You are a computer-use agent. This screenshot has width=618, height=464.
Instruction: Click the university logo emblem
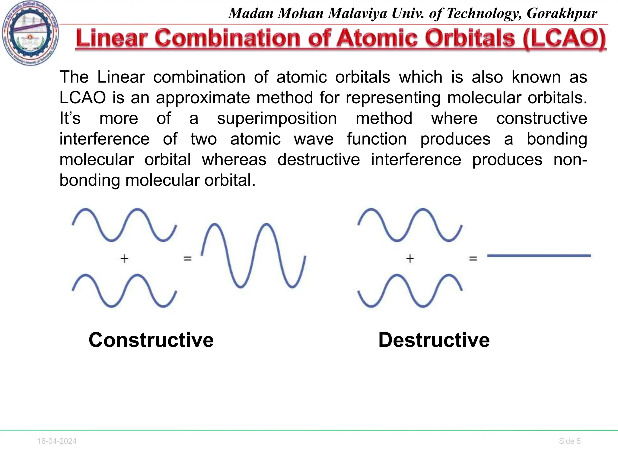point(30,33)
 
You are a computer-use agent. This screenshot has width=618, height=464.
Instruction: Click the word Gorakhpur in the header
point(562,14)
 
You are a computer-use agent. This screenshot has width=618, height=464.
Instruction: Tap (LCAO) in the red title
point(564,39)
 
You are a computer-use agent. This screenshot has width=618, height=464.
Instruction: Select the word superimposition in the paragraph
point(277,118)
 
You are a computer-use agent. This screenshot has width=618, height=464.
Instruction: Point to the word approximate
point(203,98)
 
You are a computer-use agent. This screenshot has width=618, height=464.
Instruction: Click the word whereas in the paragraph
point(234,159)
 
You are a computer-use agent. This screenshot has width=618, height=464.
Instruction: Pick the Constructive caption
point(151,340)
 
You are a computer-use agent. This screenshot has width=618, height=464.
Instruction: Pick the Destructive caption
point(434,340)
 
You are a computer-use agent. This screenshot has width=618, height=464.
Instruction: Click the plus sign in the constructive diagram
point(124,259)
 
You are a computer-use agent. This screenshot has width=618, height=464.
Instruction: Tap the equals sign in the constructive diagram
point(187,259)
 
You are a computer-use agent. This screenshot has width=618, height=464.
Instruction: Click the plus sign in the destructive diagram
point(410,259)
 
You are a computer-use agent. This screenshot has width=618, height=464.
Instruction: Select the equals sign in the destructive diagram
point(473,259)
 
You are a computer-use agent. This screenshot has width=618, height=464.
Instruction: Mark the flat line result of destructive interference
point(539,256)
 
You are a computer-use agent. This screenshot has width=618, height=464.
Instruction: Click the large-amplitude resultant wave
point(253,256)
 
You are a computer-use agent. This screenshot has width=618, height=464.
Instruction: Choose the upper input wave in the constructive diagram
point(124,225)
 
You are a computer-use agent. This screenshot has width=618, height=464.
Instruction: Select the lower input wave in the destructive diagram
point(410,291)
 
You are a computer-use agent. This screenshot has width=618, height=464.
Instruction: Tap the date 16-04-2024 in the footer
point(57,441)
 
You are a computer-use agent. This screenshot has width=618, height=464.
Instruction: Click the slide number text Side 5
point(570,441)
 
